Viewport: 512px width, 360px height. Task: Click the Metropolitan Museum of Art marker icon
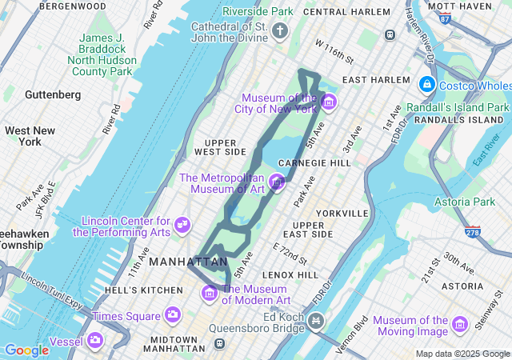pyautogui.click(x=278, y=182)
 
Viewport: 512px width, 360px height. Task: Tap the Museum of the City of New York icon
pyautogui.click(x=329, y=103)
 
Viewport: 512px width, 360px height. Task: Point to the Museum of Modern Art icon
pyautogui.click(x=210, y=294)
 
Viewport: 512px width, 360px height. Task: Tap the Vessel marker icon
pyautogui.click(x=96, y=342)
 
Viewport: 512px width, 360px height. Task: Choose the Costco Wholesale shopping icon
pyautogui.click(x=426, y=85)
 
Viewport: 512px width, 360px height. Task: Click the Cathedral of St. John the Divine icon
pyautogui.click(x=279, y=31)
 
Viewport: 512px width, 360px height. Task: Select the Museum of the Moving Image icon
pyautogui.click(x=459, y=325)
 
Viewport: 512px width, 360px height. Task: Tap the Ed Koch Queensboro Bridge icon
pyautogui.click(x=317, y=322)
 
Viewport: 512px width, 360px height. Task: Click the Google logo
pyautogui.click(x=26, y=350)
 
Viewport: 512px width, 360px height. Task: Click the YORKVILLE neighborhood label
pyautogui.click(x=342, y=214)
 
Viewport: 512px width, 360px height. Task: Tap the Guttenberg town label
pyautogui.click(x=53, y=94)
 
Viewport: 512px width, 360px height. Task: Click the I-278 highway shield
pyautogui.click(x=473, y=233)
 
